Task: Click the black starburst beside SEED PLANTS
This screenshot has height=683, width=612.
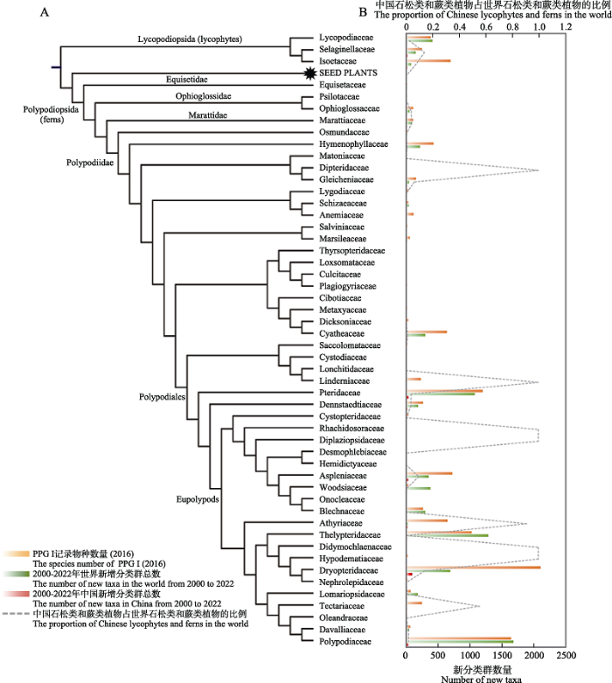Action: coord(309,73)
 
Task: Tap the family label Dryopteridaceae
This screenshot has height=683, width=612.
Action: coord(349,570)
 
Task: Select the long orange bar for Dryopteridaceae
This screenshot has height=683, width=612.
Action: coord(474,568)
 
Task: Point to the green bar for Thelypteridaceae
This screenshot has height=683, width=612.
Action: coord(448,535)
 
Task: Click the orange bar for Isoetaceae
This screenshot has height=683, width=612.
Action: coord(428,60)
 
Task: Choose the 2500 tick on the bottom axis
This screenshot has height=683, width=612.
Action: coord(566,655)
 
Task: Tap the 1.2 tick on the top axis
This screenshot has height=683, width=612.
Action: coord(566,26)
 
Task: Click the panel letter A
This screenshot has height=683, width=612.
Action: coord(45,12)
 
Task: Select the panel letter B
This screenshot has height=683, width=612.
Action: coord(363,12)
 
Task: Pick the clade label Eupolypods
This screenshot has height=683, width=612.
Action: coord(198,499)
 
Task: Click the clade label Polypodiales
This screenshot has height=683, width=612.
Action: coord(162,397)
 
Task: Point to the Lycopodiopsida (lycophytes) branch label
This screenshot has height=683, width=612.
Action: coord(190,39)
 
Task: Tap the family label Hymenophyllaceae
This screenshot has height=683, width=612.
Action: coord(353,143)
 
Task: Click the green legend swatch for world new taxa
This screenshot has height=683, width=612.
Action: coord(16,574)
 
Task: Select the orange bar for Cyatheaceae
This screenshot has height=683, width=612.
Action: coord(427,332)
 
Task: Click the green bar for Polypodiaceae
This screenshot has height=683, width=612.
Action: coord(460,642)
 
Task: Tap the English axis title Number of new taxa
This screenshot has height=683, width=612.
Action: coord(481,679)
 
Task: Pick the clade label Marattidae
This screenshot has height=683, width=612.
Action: coord(208,115)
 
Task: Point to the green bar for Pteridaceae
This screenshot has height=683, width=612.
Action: coord(441,394)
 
